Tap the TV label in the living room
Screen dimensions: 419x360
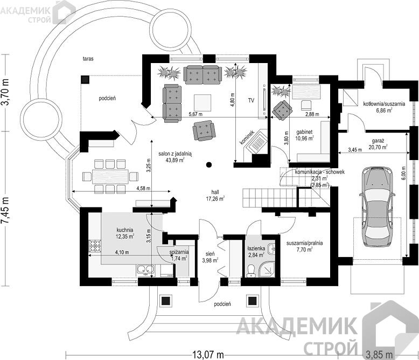click(x=251, y=101)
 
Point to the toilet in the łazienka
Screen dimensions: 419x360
click(x=251, y=271)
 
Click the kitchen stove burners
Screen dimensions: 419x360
click(x=95, y=246)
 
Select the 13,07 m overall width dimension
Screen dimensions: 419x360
click(x=208, y=355)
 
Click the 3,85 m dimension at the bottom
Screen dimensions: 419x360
click(x=380, y=355)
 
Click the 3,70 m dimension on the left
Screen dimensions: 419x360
click(x=6, y=92)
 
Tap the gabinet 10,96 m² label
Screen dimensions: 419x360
click(x=305, y=135)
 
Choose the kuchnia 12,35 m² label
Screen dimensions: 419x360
click(x=125, y=233)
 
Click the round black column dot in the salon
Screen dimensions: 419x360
click(x=209, y=164)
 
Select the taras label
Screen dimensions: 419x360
click(x=88, y=59)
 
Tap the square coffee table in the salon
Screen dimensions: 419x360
click(x=202, y=103)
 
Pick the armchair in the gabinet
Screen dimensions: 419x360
click(x=282, y=110)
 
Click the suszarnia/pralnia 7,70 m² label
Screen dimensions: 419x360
click(x=305, y=246)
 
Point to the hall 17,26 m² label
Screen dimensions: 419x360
click(x=215, y=195)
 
